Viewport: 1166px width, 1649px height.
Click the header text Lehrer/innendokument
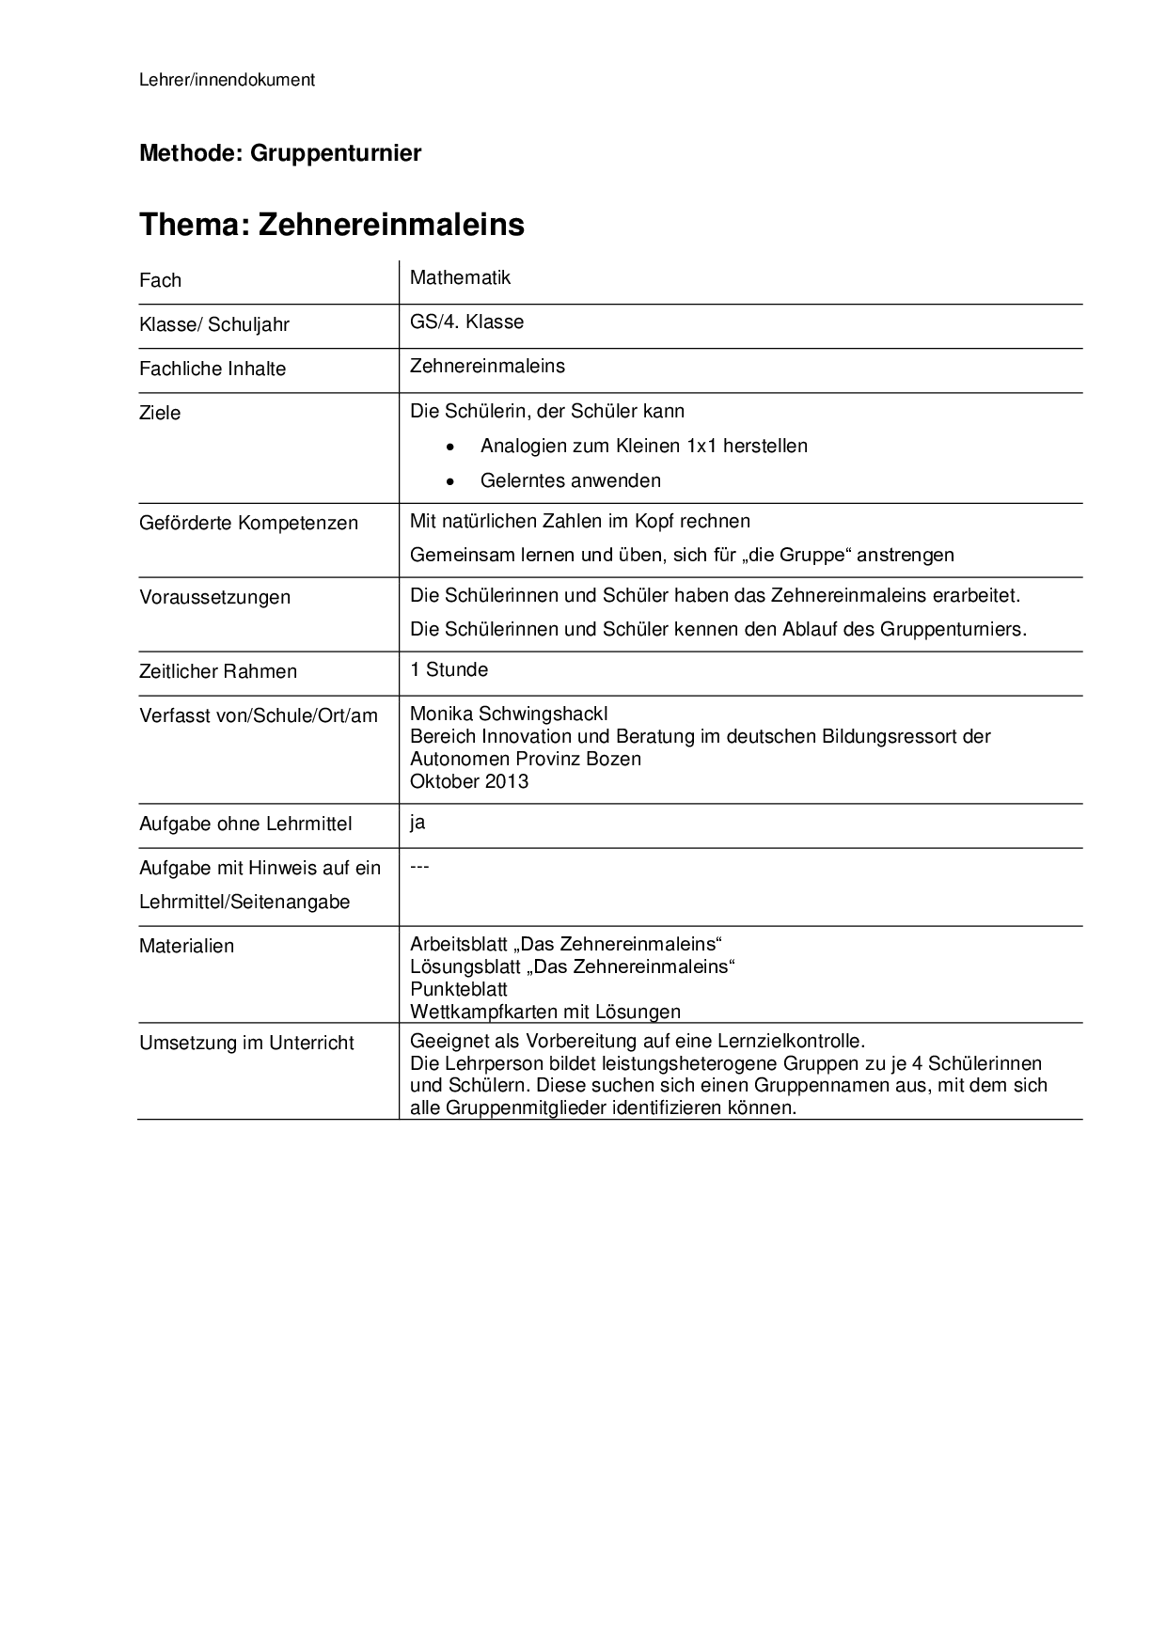coord(227,80)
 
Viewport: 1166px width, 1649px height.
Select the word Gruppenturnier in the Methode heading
coord(336,152)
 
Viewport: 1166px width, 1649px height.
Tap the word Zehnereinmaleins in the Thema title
coord(391,225)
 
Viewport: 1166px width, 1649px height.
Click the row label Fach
coord(160,280)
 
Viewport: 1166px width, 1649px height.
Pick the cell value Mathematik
coord(460,277)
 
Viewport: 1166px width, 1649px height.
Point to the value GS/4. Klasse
coord(466,322)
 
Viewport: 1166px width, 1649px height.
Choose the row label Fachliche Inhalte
coord(213,369)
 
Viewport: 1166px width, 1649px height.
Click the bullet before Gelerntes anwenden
coord(451,481)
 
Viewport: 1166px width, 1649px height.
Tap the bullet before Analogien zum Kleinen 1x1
coord(451,447)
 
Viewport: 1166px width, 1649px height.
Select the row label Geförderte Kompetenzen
coord(248,523)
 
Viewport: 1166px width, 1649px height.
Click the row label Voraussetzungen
coord(214,597)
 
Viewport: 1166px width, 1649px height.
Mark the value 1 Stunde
coord(449,669)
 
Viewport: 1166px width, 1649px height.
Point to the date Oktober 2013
coord(469,781)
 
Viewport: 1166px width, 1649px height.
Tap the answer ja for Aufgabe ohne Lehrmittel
coord(418,823)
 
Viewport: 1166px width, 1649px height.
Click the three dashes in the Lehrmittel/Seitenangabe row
coord(419,866)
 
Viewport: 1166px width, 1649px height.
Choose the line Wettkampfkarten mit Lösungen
coord(545,1012)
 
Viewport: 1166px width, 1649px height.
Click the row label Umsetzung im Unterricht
coord(246,1043)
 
